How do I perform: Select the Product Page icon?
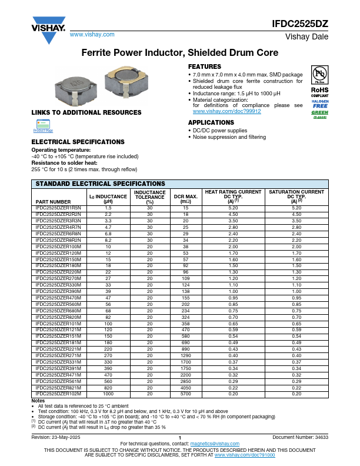tap(43, 127)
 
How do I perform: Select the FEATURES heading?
tap(204, 66)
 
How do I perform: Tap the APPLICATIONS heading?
tap(210, 122)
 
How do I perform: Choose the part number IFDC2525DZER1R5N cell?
tap(58, 208)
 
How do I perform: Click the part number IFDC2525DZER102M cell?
tap(58, 394)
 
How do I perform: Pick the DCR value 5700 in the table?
tap(185, 394)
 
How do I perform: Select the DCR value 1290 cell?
tap(185, 356)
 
